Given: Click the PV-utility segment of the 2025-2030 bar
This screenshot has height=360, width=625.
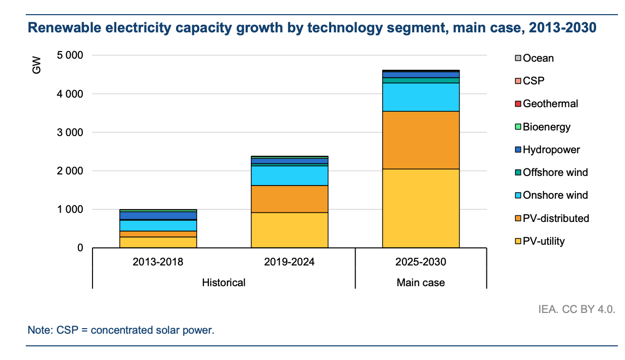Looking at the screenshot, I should coord(421,208).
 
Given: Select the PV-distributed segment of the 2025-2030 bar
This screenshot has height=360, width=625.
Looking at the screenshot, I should coord(421,140).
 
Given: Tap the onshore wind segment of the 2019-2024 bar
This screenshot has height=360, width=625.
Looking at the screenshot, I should coord(290,175).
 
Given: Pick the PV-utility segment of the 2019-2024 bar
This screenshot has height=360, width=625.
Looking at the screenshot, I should coord(290,230).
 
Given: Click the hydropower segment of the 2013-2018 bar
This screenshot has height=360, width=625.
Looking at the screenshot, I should coord(158,216).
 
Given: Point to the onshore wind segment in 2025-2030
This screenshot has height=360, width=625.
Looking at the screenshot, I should coord(421,97).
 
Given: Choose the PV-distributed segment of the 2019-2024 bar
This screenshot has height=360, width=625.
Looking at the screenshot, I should coord(290,199).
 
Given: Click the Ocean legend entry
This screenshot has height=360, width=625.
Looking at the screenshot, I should coord(538,58).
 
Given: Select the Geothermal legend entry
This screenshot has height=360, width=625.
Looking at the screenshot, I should coord(550,104).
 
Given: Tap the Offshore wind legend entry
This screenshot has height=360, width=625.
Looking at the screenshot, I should coord(555,172).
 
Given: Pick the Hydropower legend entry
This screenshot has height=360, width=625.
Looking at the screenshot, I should coord(551,150).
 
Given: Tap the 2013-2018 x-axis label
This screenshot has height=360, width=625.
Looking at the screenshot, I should coord(158,262).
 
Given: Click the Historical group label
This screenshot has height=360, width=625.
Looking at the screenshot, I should coord(224,283).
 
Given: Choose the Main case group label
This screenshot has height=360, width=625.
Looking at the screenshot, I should coord(421,283).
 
